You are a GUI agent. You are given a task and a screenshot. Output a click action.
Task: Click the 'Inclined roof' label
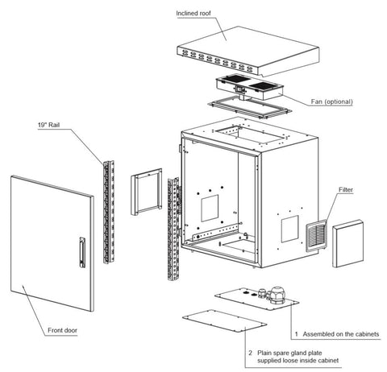point(193,13)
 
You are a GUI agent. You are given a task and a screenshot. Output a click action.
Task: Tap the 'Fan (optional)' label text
point(331,101)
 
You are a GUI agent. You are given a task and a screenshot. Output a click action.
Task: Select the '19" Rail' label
point(48,125)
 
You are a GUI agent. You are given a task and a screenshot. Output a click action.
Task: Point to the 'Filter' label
point(346,189)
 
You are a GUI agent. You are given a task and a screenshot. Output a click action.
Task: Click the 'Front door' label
point(62,330)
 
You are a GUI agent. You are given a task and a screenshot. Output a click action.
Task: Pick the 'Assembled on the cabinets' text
point(341,334)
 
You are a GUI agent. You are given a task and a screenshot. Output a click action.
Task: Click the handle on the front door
point(82,252)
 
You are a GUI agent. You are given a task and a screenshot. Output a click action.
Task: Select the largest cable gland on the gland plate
point(277,295)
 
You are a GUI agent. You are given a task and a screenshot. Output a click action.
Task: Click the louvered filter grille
point(316,235)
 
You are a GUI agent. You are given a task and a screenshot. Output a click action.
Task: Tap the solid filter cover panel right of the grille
point(347,243)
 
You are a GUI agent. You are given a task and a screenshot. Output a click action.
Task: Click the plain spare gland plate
point(224,320)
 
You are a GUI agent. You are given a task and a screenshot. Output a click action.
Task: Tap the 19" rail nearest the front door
point(109,212)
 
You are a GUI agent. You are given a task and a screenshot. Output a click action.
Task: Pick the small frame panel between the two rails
point(147,192)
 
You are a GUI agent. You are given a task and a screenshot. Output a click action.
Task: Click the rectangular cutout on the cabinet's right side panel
point(290,229)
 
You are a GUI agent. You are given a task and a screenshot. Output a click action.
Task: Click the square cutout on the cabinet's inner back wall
point(210,208)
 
